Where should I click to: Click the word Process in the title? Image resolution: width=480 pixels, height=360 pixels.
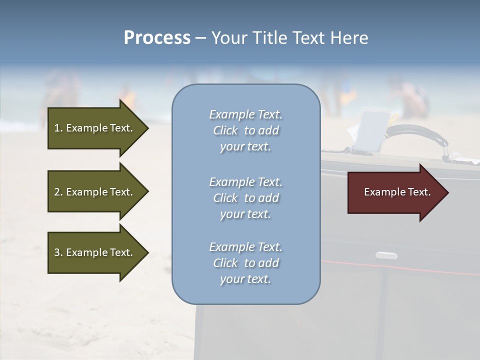[157, 38]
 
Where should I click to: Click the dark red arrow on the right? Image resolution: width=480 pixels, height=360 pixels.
[395, 192]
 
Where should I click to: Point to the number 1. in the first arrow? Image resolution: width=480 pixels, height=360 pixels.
[58, 128]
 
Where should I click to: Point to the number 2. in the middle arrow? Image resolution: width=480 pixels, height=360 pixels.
[58, 192]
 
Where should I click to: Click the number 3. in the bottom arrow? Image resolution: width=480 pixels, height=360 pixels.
[58, 252]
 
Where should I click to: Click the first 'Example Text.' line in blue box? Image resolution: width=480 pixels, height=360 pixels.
[245, 115]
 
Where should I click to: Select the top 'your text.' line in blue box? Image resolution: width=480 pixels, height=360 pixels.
[245, 147]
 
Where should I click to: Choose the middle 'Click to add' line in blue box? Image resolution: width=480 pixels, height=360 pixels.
[245, 198]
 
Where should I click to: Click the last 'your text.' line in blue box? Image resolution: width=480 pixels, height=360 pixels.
[245, 279]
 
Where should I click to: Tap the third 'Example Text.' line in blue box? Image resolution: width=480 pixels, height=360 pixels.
[245, 247]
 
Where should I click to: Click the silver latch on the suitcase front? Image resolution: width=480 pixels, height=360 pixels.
[386, 255]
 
